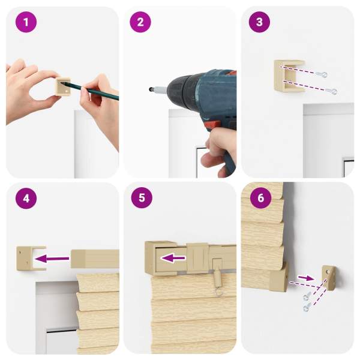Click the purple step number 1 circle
point(26,22)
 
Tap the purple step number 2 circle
point(140,22)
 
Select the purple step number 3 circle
point(259,22)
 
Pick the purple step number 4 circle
point(26,198)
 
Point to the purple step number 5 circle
point(142,197)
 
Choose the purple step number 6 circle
point(261,197)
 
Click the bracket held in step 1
point(63,86)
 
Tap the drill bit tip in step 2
point(150,88)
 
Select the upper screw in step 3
point(322,74)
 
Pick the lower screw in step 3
point(332,91)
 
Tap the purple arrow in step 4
point(52,259)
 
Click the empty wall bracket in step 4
point(31,258)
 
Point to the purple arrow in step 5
point(173,259)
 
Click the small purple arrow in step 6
point(305,278)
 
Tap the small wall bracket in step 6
point(329,278)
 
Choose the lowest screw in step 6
point(307,307)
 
